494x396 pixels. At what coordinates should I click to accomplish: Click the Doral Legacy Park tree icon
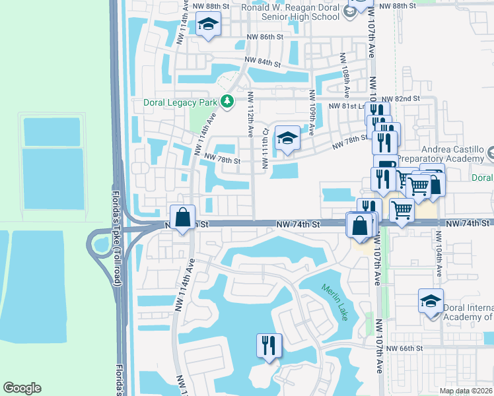pos(227,101)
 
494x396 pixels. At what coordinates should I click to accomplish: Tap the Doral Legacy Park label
pos(182,102)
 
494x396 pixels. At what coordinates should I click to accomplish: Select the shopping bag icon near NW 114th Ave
pos(182,217)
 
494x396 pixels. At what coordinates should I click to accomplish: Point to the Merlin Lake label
pos(335,302)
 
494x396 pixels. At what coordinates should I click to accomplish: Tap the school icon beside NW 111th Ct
pos(287,138)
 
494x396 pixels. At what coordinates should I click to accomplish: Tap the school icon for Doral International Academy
pos(431,302)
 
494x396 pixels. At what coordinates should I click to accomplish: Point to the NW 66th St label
pos(404,348)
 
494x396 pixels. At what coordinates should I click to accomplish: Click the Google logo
pos(22,388)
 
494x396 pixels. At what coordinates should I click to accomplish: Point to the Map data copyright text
pos(466,391)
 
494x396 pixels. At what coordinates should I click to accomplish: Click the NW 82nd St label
pos(408,98)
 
